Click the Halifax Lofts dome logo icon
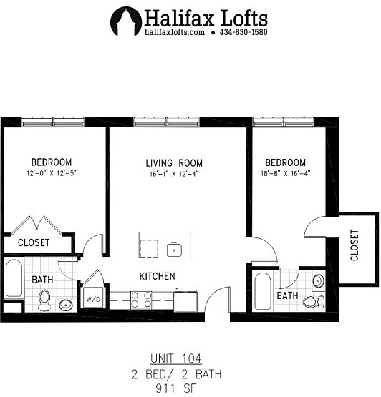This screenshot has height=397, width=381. (126, 21)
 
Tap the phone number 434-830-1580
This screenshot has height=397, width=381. (243, 32)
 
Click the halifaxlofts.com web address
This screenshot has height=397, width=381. (175, 32)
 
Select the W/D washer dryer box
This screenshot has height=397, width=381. (93, 298)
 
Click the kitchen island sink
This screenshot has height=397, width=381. (174, 250)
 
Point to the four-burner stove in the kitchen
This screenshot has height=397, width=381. (141, 300)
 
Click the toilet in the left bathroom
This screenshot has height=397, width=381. (44, 300)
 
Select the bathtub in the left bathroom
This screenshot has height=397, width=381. (14, 278)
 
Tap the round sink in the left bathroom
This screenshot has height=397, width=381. (66, 305)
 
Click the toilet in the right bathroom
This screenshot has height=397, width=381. (314, 301)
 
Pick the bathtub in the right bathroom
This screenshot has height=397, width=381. (263, 291)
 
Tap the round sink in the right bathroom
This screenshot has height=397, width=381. (318, 280)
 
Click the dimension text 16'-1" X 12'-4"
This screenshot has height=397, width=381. (173, 174)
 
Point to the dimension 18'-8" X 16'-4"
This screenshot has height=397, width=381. (286, 173)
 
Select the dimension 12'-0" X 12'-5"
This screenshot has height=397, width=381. (52, 173)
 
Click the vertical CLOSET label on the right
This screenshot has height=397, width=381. (355, 245)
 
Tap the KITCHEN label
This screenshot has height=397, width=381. (157, 276)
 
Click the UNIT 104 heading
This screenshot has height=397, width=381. (176, 358)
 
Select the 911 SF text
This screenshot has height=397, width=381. (176, 388)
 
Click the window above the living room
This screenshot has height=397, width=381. (167, 122)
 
